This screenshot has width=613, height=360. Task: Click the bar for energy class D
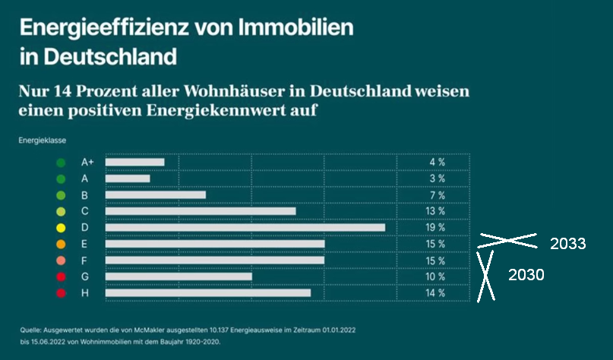pos(245,227)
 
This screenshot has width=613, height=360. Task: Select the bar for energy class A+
pos(134,162)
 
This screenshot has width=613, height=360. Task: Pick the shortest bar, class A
pos(128,178)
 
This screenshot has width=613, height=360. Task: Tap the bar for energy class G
pos(179,276)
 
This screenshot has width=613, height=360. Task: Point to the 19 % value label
pos(436,227)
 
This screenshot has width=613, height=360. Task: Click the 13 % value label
pos(436,211)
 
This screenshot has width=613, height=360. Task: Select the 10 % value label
pos(436,276)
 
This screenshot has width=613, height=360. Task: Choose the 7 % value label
pos(438,194)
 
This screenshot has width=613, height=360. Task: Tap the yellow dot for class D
pos(61,228)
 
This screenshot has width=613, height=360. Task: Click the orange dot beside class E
pos(61,244)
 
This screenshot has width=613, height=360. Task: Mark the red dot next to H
pos(61,293)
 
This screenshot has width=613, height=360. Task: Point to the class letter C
pos(85,211)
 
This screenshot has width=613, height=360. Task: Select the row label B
pos(85,194)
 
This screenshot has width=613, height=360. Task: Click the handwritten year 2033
pos(567,244)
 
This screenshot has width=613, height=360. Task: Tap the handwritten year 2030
pos(526,275)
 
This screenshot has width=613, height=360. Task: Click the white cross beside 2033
pos(507,240)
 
